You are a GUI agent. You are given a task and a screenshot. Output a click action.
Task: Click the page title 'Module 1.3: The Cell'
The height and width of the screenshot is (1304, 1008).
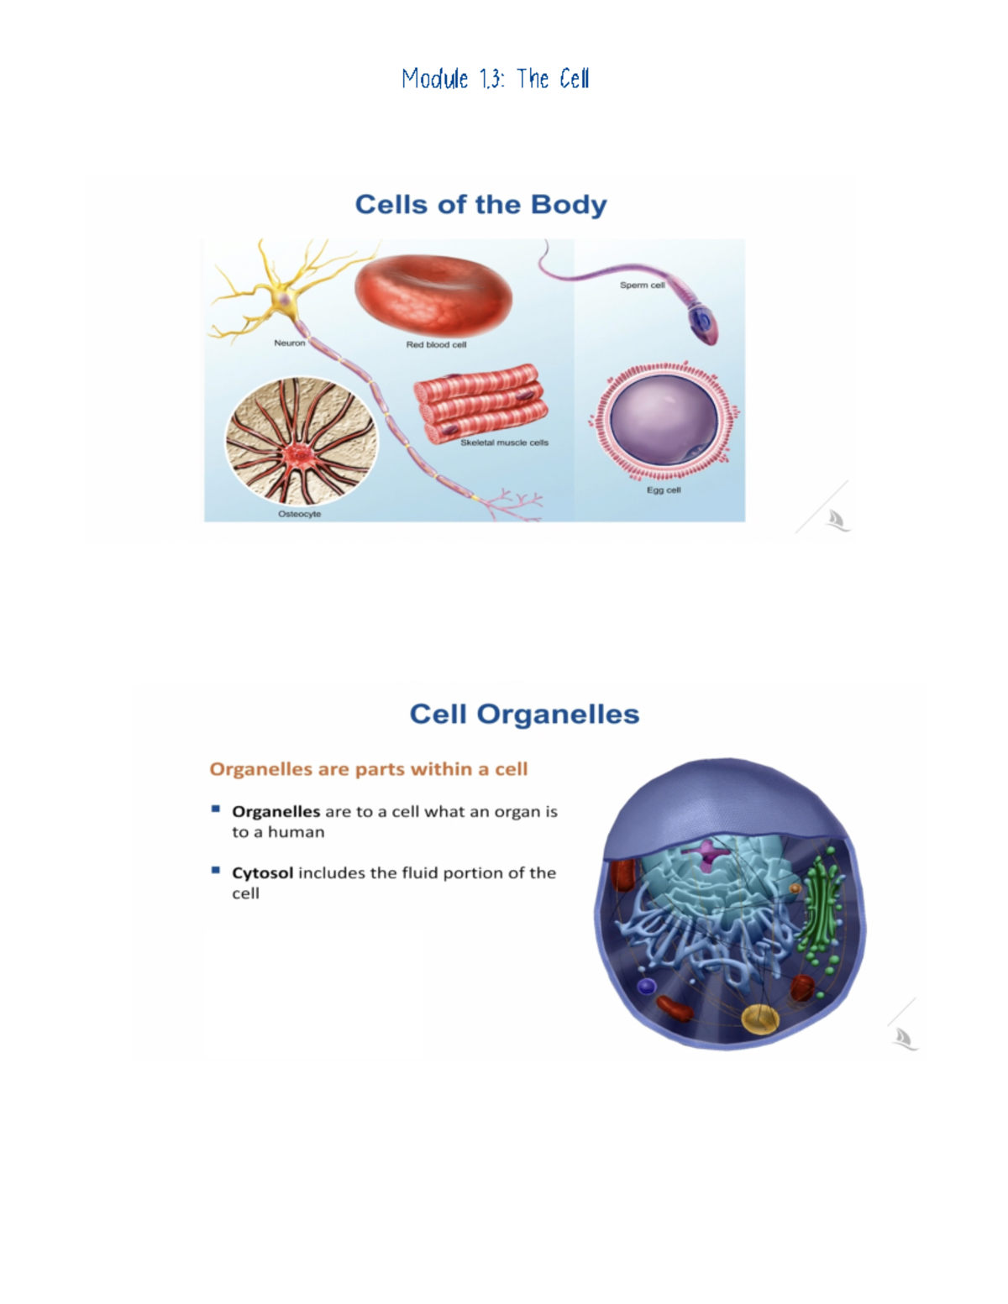tap(496, 79)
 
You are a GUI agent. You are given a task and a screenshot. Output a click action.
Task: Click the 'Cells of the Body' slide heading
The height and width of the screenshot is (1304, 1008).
tap(480, 205)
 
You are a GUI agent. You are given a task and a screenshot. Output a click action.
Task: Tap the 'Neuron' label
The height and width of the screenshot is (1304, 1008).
tap(289, 343)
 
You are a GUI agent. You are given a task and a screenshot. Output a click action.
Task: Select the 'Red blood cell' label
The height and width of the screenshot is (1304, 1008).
tap(436, 345)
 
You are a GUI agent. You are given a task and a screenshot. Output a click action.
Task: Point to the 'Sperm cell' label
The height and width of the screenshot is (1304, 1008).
tap(642, 285)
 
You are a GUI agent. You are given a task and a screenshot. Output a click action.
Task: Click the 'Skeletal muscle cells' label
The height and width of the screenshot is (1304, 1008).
tap(504, 443)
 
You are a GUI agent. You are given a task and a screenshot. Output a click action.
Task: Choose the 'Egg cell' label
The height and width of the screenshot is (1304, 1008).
tap(664, 490)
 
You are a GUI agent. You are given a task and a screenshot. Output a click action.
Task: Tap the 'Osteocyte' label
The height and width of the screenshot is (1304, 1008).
tap(300, 514)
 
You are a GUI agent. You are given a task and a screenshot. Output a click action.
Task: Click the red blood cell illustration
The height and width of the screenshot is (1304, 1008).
tap(433, 296)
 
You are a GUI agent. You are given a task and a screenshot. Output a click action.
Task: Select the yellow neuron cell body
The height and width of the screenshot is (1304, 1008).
tap(285, 299)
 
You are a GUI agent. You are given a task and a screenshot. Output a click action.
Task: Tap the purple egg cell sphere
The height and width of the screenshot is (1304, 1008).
tap(664, 420)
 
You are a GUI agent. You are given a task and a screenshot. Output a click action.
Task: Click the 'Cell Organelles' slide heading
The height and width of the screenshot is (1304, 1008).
tap(524, 714)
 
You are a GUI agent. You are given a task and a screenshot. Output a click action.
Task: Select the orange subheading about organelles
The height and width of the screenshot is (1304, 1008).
tap(368, 769)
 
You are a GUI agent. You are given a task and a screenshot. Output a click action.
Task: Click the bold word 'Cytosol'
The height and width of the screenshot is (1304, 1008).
tap(262, 872)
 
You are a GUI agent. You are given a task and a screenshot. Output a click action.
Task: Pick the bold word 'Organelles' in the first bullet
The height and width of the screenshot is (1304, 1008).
tap(276, 813)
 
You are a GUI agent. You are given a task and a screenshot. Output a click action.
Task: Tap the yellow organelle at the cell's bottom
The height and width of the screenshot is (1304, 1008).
tap(760, 1019)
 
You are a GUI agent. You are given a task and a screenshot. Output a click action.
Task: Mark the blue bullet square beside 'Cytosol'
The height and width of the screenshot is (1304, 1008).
tap(216, 870)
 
